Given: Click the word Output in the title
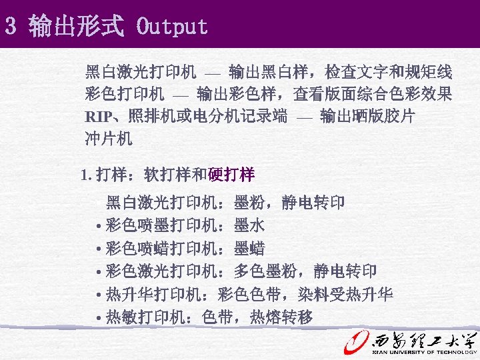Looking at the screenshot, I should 172,27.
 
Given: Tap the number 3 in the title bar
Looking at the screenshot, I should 10,27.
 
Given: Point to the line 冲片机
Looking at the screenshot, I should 109,139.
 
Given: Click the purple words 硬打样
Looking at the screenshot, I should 231,175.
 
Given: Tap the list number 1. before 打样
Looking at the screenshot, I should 85,176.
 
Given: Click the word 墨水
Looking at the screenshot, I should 249,225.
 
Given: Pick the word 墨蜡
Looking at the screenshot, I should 249,249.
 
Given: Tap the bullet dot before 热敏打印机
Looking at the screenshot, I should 99,318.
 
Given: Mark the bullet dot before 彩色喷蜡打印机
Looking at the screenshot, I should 99,249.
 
